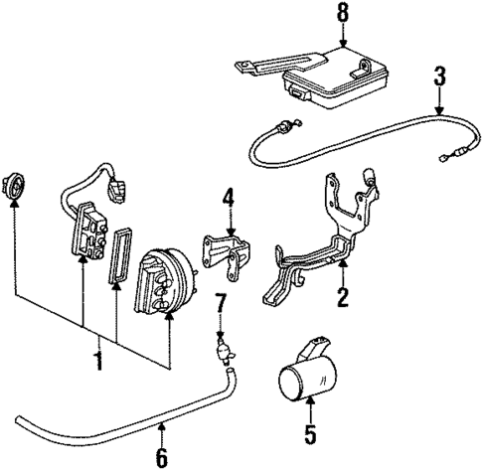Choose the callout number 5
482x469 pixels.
309,433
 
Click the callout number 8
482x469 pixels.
343,14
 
